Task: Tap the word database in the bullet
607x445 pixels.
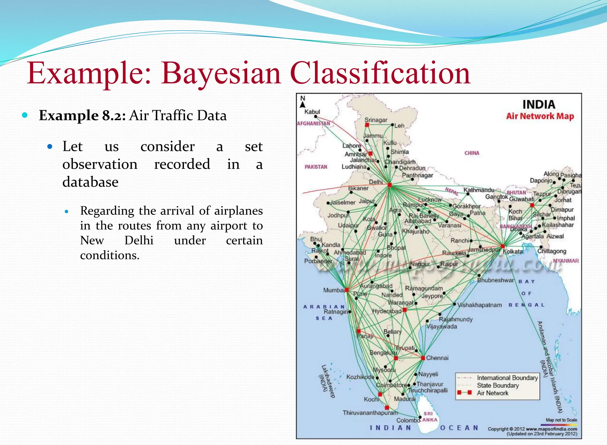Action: [x=90, y=182]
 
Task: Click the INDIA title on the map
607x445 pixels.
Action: [x=539, y=104]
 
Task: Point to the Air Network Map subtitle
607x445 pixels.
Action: [x=540, y=116]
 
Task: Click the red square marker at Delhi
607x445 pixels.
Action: [x=390, y=185]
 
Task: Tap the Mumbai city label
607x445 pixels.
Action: [x=333, y=290]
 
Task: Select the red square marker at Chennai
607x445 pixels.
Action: [x=423, y=358]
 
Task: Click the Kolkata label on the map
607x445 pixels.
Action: [x=513, y=252]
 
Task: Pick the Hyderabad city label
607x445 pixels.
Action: [x=386, y=311]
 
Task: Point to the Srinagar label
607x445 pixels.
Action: [x=376, y=120]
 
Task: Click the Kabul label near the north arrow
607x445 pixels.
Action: [x=312, y=112]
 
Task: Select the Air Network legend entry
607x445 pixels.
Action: [x=492, y=393]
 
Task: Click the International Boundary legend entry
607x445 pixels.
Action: [x=507, y=378]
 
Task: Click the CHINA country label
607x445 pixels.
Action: [x=472, y=153]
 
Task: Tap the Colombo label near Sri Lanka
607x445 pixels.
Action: [x=408, y=420]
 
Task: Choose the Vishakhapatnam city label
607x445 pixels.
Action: [x=479, y=305]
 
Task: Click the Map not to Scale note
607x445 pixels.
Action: [x=561, y=420]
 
